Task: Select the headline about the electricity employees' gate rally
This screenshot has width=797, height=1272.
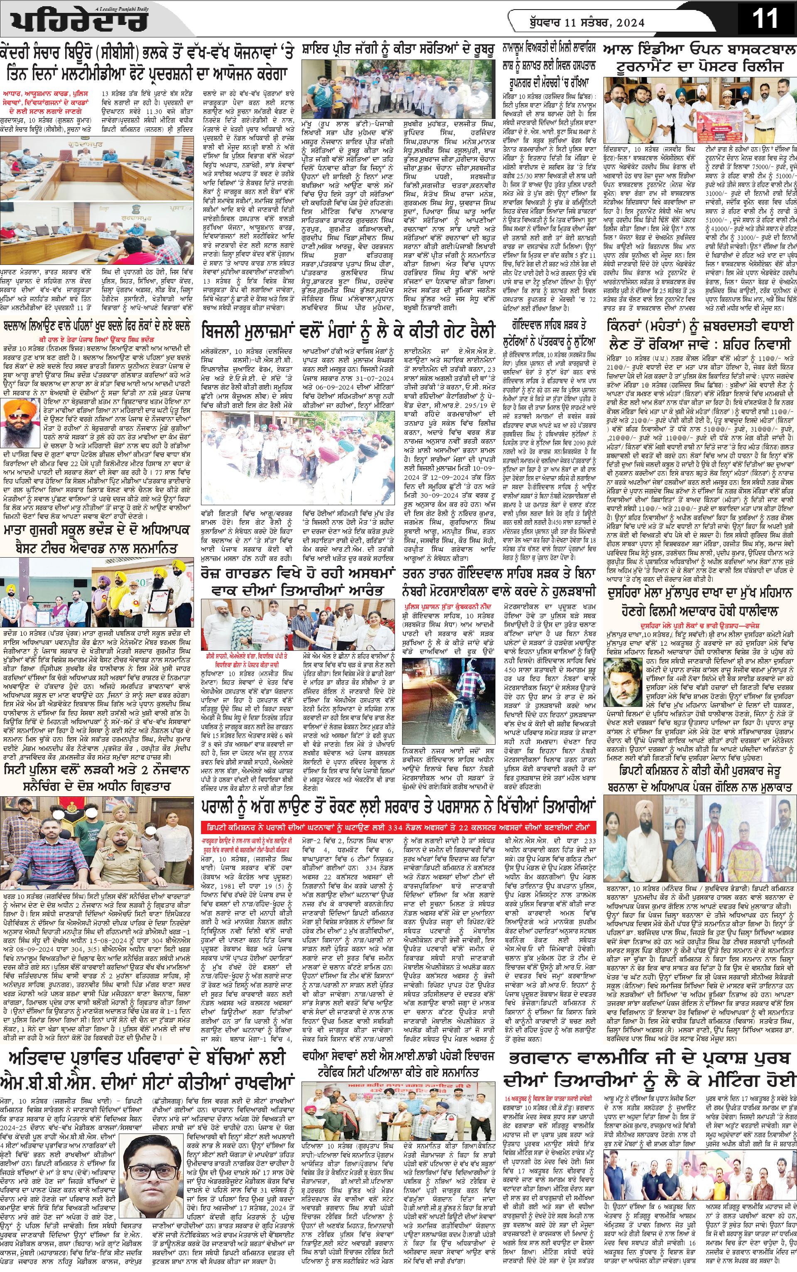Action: (348, 331)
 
